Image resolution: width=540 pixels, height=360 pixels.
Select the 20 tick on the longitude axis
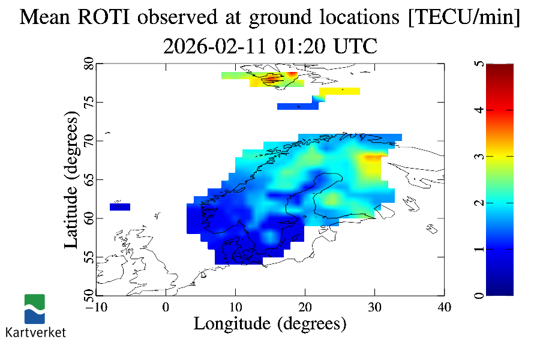pos(305,307)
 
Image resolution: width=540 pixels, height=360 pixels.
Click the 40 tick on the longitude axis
pos(445,307)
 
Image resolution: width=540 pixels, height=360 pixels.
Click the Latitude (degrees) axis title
pos(71,179)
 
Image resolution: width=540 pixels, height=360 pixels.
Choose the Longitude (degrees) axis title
pos(270,324)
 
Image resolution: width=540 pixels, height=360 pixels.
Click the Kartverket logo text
pos(35,332)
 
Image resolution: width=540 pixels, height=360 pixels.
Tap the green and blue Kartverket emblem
pos(35,308)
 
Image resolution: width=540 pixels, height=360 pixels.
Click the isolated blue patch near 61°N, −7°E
pos(120,207)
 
